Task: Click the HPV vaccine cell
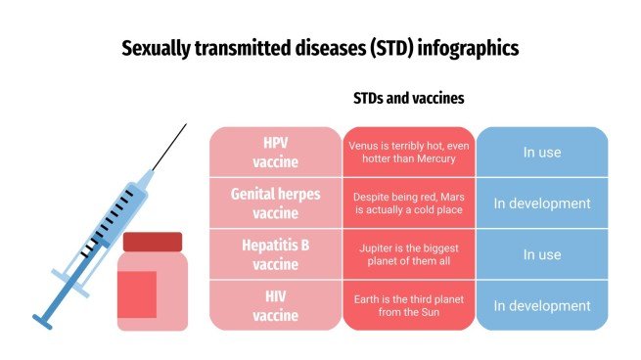[x=275, y=153]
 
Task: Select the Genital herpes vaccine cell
[x=275, y=203]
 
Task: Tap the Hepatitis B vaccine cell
[x=275, y=254]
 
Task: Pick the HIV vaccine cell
[x=275, y=305]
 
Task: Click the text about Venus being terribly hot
[x=408, y=153]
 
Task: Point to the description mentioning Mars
[x=408, y=203]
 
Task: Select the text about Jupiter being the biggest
[x=408, y=254]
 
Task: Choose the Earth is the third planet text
[x=408, y=305]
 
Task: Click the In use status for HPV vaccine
[x=541, y=153]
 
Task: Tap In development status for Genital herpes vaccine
[x=541, y=203]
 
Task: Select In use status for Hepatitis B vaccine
[x=541, y=254]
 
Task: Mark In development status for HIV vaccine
[x=541, y=305]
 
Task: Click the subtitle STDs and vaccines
[x=408, y=99]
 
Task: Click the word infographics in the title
[x=467, y=48]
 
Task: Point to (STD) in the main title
[x=389, y=48]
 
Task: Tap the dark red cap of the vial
[x=153, y=241]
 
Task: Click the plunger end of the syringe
[x=43, y=320]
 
